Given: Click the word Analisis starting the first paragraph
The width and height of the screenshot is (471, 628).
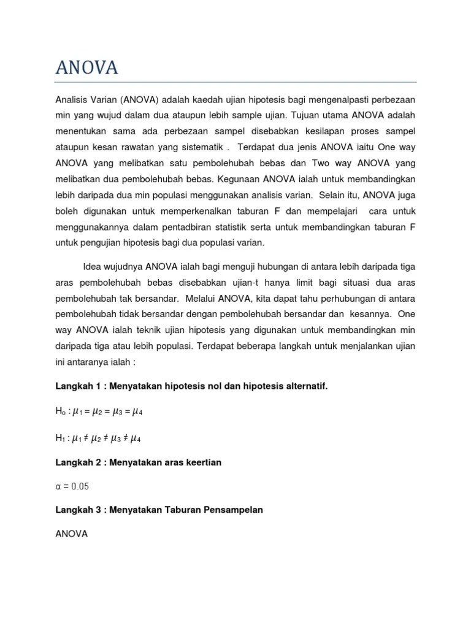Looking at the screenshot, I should click(x=72, y=99).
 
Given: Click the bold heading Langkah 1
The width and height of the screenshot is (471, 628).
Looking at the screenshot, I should click(x=80, y=386).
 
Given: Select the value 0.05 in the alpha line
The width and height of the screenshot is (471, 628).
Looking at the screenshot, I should click(x=79, y=486).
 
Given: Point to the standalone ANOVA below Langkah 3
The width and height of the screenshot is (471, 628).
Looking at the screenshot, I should click(x=72, y=534).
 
